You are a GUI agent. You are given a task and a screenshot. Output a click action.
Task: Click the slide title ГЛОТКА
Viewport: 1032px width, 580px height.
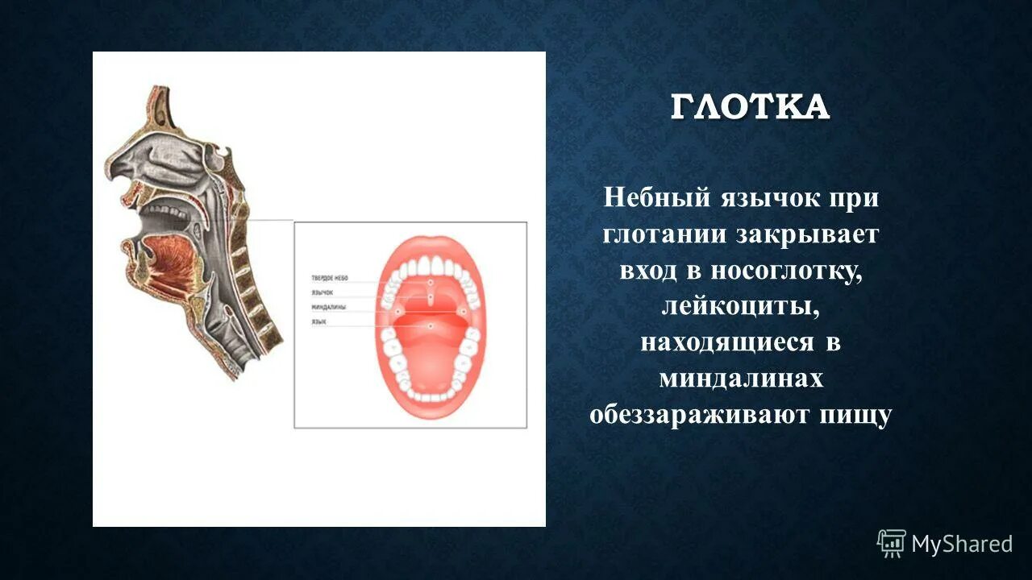[x=750, y=107]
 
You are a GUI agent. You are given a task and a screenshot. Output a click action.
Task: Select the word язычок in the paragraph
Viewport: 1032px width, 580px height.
[x=772, y=197]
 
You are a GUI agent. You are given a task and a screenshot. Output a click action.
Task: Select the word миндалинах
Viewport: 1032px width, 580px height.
[x=741, y=379]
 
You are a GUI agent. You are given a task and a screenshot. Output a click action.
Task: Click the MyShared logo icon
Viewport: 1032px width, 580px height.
[x=891, y=544]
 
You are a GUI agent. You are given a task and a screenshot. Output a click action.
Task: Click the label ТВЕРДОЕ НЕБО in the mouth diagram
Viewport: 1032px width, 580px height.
[x=329, y=278]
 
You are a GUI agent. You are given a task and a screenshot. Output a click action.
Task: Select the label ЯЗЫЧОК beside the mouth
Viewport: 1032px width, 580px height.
[x=322, y=292]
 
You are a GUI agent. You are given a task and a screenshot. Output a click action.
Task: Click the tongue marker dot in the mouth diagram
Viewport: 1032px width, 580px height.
[x=431, y=325]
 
